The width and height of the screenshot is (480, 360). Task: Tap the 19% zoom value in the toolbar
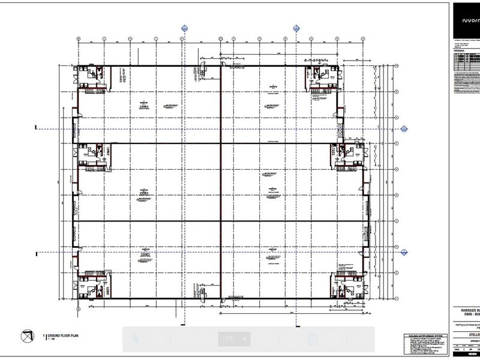point(228,339)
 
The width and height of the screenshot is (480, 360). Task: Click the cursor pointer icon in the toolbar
point(134,339)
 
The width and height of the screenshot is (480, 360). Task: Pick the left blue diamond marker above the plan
point(184,28)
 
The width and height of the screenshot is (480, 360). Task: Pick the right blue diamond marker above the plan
point(296,28)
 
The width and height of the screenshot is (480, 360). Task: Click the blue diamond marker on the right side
point(404,128)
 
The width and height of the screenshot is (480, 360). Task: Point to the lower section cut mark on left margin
point(37,254)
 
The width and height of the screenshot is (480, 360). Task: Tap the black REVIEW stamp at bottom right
point(466,355)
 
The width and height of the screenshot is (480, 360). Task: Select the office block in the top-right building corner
point(322,77)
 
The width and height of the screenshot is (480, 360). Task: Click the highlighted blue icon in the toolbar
point(312,340)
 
